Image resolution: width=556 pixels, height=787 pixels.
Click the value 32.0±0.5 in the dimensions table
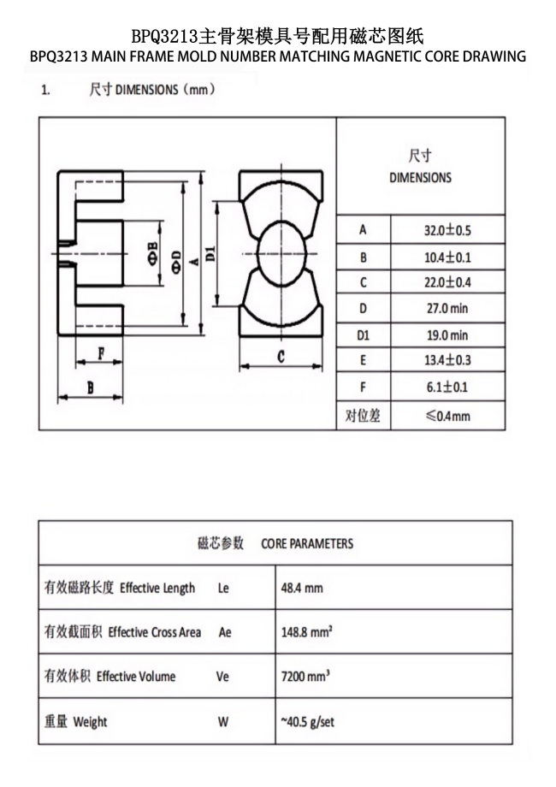pyautogui.click(x=448, y=230)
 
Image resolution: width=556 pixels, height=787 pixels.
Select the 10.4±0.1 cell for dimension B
pyautogui.click(x=448, y=257)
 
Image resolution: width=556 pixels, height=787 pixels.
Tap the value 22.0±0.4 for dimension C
pyautogui.click(x=448, y=282)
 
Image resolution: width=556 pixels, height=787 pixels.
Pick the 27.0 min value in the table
pyautogui.click(x=447, y=309)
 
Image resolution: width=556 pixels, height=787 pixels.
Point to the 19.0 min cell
pyautogui.click(x=447, y=335)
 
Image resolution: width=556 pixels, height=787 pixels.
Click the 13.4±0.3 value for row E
pyautogui.click(x=448, y=361)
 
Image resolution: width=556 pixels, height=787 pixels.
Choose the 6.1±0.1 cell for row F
pyautogui.click(x=447, y=388)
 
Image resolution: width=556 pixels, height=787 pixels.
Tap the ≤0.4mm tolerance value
pyautogui.click(x=448, y=416)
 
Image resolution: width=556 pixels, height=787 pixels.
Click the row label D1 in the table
pyautogui.click(x=364, y=335)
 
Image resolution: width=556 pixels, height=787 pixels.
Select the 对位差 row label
pyautogui.click(x=363, y=416)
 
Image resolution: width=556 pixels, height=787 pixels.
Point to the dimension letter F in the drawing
pyautogui.click(x=100, y=352)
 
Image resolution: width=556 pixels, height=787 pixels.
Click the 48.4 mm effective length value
pyautogui.click(x=302, y=589)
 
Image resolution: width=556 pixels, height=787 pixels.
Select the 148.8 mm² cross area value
pyautogui.click(x=307, y=632)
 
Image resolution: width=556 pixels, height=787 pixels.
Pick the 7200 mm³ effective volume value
pyautogui.click(x=305, y=676)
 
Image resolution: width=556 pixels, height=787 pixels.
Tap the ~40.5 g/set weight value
pyautogui.click(x=308, y=721)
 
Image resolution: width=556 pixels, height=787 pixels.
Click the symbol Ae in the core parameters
pyautogui.click(x=225, y=632)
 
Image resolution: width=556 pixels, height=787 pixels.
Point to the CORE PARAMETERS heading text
pyautogui.click(x=307, y=543)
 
